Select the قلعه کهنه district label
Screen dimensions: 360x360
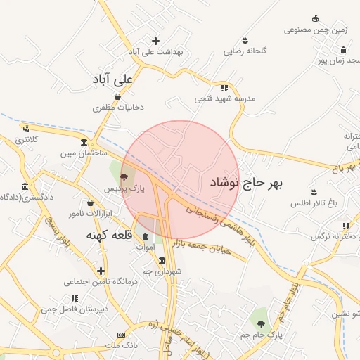pos(110,234)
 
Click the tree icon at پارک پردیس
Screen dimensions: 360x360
pos(124,177)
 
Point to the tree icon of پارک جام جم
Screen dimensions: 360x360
pos(262,324)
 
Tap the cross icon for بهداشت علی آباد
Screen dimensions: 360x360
pos(155,41)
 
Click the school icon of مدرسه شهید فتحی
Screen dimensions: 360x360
pos(225,88)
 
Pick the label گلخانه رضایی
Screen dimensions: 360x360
pos(243,51)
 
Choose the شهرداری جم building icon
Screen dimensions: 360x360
pos(162,260)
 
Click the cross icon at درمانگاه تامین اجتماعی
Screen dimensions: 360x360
pos(101,271)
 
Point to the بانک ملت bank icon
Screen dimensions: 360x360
pos(122,335)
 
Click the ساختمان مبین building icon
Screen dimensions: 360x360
pos(84,142)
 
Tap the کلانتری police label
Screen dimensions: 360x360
pos(28,139)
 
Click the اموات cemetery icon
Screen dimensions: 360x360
pos(146,236)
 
